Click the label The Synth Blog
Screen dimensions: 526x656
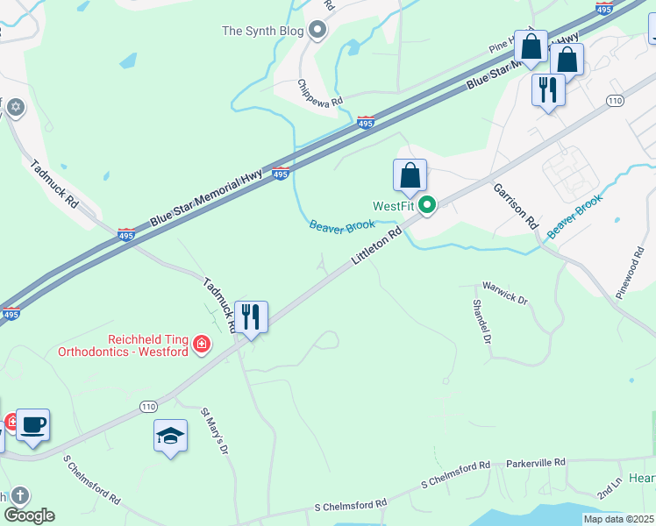click(x=262, y=32)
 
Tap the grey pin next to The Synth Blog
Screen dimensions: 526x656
click(x=317, y=32)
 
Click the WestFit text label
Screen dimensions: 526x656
click(x=392, y=207)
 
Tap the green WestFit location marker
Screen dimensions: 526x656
click(x=428, y=206)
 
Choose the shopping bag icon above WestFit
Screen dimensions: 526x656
click(x=410, y=177)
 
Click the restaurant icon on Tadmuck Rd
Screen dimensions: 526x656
click(x=251, y=316)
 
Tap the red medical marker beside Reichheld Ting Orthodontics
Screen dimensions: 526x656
click(x=203, y=344)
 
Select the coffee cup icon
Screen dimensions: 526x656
click(x=32, y=425)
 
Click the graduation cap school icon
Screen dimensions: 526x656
click(x=170, y=435)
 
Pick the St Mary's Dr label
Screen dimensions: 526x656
click(x=215, y=430)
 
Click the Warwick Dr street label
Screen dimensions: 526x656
click(x=506, y=294)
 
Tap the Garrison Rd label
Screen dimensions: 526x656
click(x=515, y=206)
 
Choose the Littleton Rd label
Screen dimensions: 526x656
click(x=376, y=248)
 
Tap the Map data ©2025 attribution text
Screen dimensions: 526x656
click(x=618, y=519)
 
